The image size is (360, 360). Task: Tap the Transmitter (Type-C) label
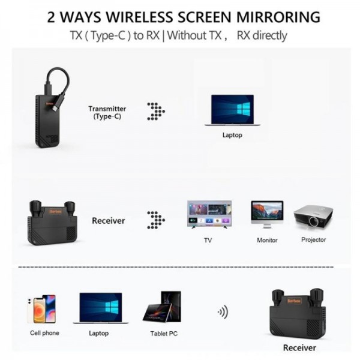pos(107,112)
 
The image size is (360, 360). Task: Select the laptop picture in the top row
pos(232,110)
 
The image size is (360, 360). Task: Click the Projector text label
pos(313,240)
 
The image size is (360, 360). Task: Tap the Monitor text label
pos(267,240)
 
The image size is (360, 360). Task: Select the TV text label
pos(208,240)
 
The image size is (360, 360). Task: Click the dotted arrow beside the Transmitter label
pos(156,111)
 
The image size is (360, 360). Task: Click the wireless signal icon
pos(223,312)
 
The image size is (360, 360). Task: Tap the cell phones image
pos(41,308)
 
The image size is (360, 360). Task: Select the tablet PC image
pos(161,307)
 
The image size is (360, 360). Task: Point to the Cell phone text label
pos(44,333)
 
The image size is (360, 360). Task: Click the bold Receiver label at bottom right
pos(299,347)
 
